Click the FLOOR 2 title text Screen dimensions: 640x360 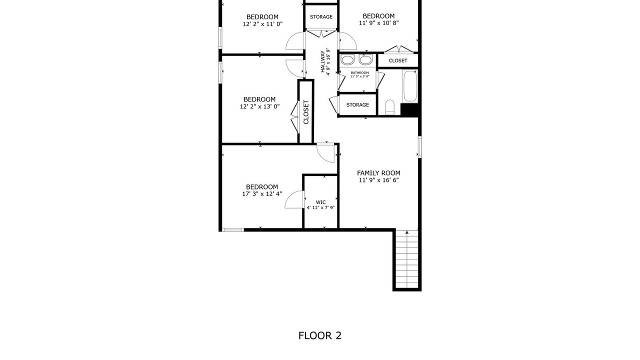coord(319,335)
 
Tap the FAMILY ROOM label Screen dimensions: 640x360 coord(378,173)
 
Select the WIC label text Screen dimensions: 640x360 coord(320,202)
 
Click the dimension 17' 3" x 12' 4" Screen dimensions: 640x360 coord(262,193)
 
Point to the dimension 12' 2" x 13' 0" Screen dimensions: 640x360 coord(259,106)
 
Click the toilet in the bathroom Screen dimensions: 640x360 coord(389,107)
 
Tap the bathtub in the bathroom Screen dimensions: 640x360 coord(410,85)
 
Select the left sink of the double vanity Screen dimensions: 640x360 coord(347,59)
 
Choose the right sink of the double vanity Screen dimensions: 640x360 coord(365,59)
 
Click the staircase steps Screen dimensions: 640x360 coord(407,259)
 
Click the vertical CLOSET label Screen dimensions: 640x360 coord(306,112)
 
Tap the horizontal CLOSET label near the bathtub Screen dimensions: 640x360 coord(398,60)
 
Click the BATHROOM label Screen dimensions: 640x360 coord(359,73)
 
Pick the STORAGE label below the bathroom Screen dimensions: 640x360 coord(357,105)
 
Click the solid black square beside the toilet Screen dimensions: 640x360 coord(409,109)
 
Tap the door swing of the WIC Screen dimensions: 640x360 coord(294,199)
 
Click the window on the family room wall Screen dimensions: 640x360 coord(419,147)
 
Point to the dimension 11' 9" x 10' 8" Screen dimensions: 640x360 coord(379,23)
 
